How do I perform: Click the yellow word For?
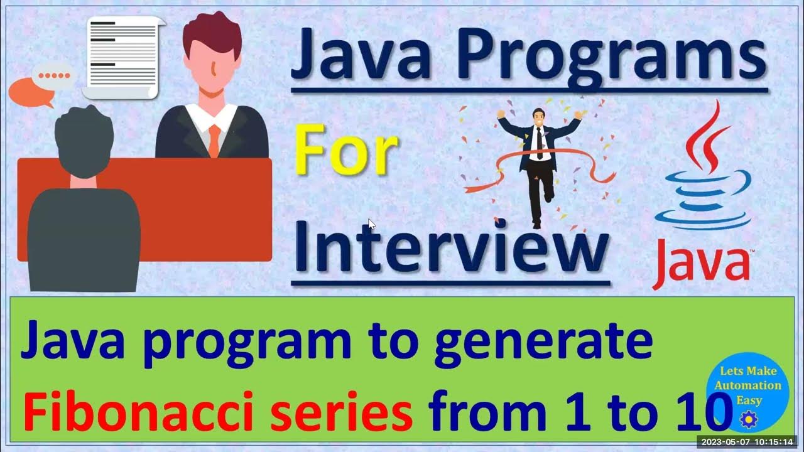tap(346, 154)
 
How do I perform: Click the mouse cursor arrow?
tap(372, 224)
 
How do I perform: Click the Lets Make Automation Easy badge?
tap(747, 389)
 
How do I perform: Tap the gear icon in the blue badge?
tap(749, 419)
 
